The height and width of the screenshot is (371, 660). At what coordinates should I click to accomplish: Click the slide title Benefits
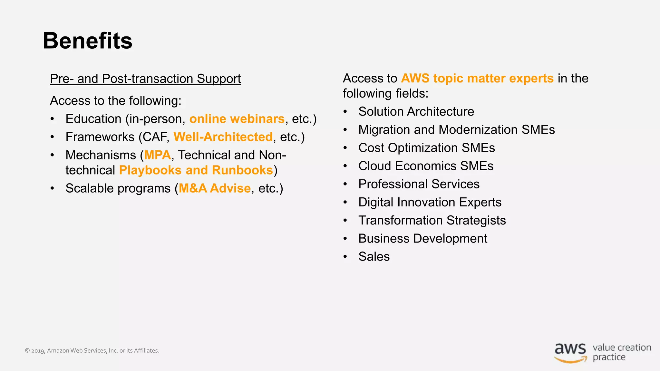[x=87, y=41]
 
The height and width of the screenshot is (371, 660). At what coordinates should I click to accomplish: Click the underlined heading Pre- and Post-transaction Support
[x=145, y=79]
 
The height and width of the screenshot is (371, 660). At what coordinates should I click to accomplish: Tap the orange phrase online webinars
[x=237, y=119]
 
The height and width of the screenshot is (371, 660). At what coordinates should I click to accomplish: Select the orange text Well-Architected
[x=223, y=137]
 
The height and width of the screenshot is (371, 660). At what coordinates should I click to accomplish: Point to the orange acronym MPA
[x=157, y=155]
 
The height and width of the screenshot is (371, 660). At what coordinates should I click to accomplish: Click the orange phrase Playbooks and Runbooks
[x=196, y=170]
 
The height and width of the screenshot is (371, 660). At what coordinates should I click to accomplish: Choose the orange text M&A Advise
[x=215, y=188]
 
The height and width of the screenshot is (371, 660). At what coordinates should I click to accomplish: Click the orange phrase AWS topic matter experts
[x=477, y=79]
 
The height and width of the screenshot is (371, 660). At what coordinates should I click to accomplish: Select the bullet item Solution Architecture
[x=416, y=112]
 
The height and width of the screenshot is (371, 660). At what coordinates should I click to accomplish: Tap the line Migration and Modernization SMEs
[x=456, y=130]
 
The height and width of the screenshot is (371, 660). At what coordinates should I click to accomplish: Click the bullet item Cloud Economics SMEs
[x=426, y=166]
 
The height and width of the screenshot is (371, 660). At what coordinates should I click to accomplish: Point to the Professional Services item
[x=419, y=184]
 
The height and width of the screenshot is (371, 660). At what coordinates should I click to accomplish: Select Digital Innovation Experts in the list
[x=430, y=203]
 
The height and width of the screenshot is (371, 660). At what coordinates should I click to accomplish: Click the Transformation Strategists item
[x=432, y=221]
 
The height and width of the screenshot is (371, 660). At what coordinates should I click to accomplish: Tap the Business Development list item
[x=422, y=239]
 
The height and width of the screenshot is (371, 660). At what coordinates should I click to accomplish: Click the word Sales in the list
[x=374, y=257]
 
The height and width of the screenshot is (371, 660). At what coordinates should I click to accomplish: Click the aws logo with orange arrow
[x=570, y=353]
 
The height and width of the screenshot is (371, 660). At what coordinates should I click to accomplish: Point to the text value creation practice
[x=621, y=352]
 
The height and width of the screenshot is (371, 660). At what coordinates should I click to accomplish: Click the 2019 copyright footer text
[x=92, y=351]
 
